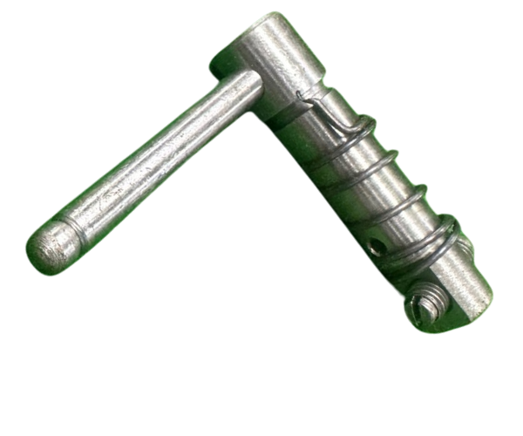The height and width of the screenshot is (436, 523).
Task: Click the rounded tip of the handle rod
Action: tap(45, 251)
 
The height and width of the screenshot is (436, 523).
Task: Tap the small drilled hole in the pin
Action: tap(375, 248)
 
